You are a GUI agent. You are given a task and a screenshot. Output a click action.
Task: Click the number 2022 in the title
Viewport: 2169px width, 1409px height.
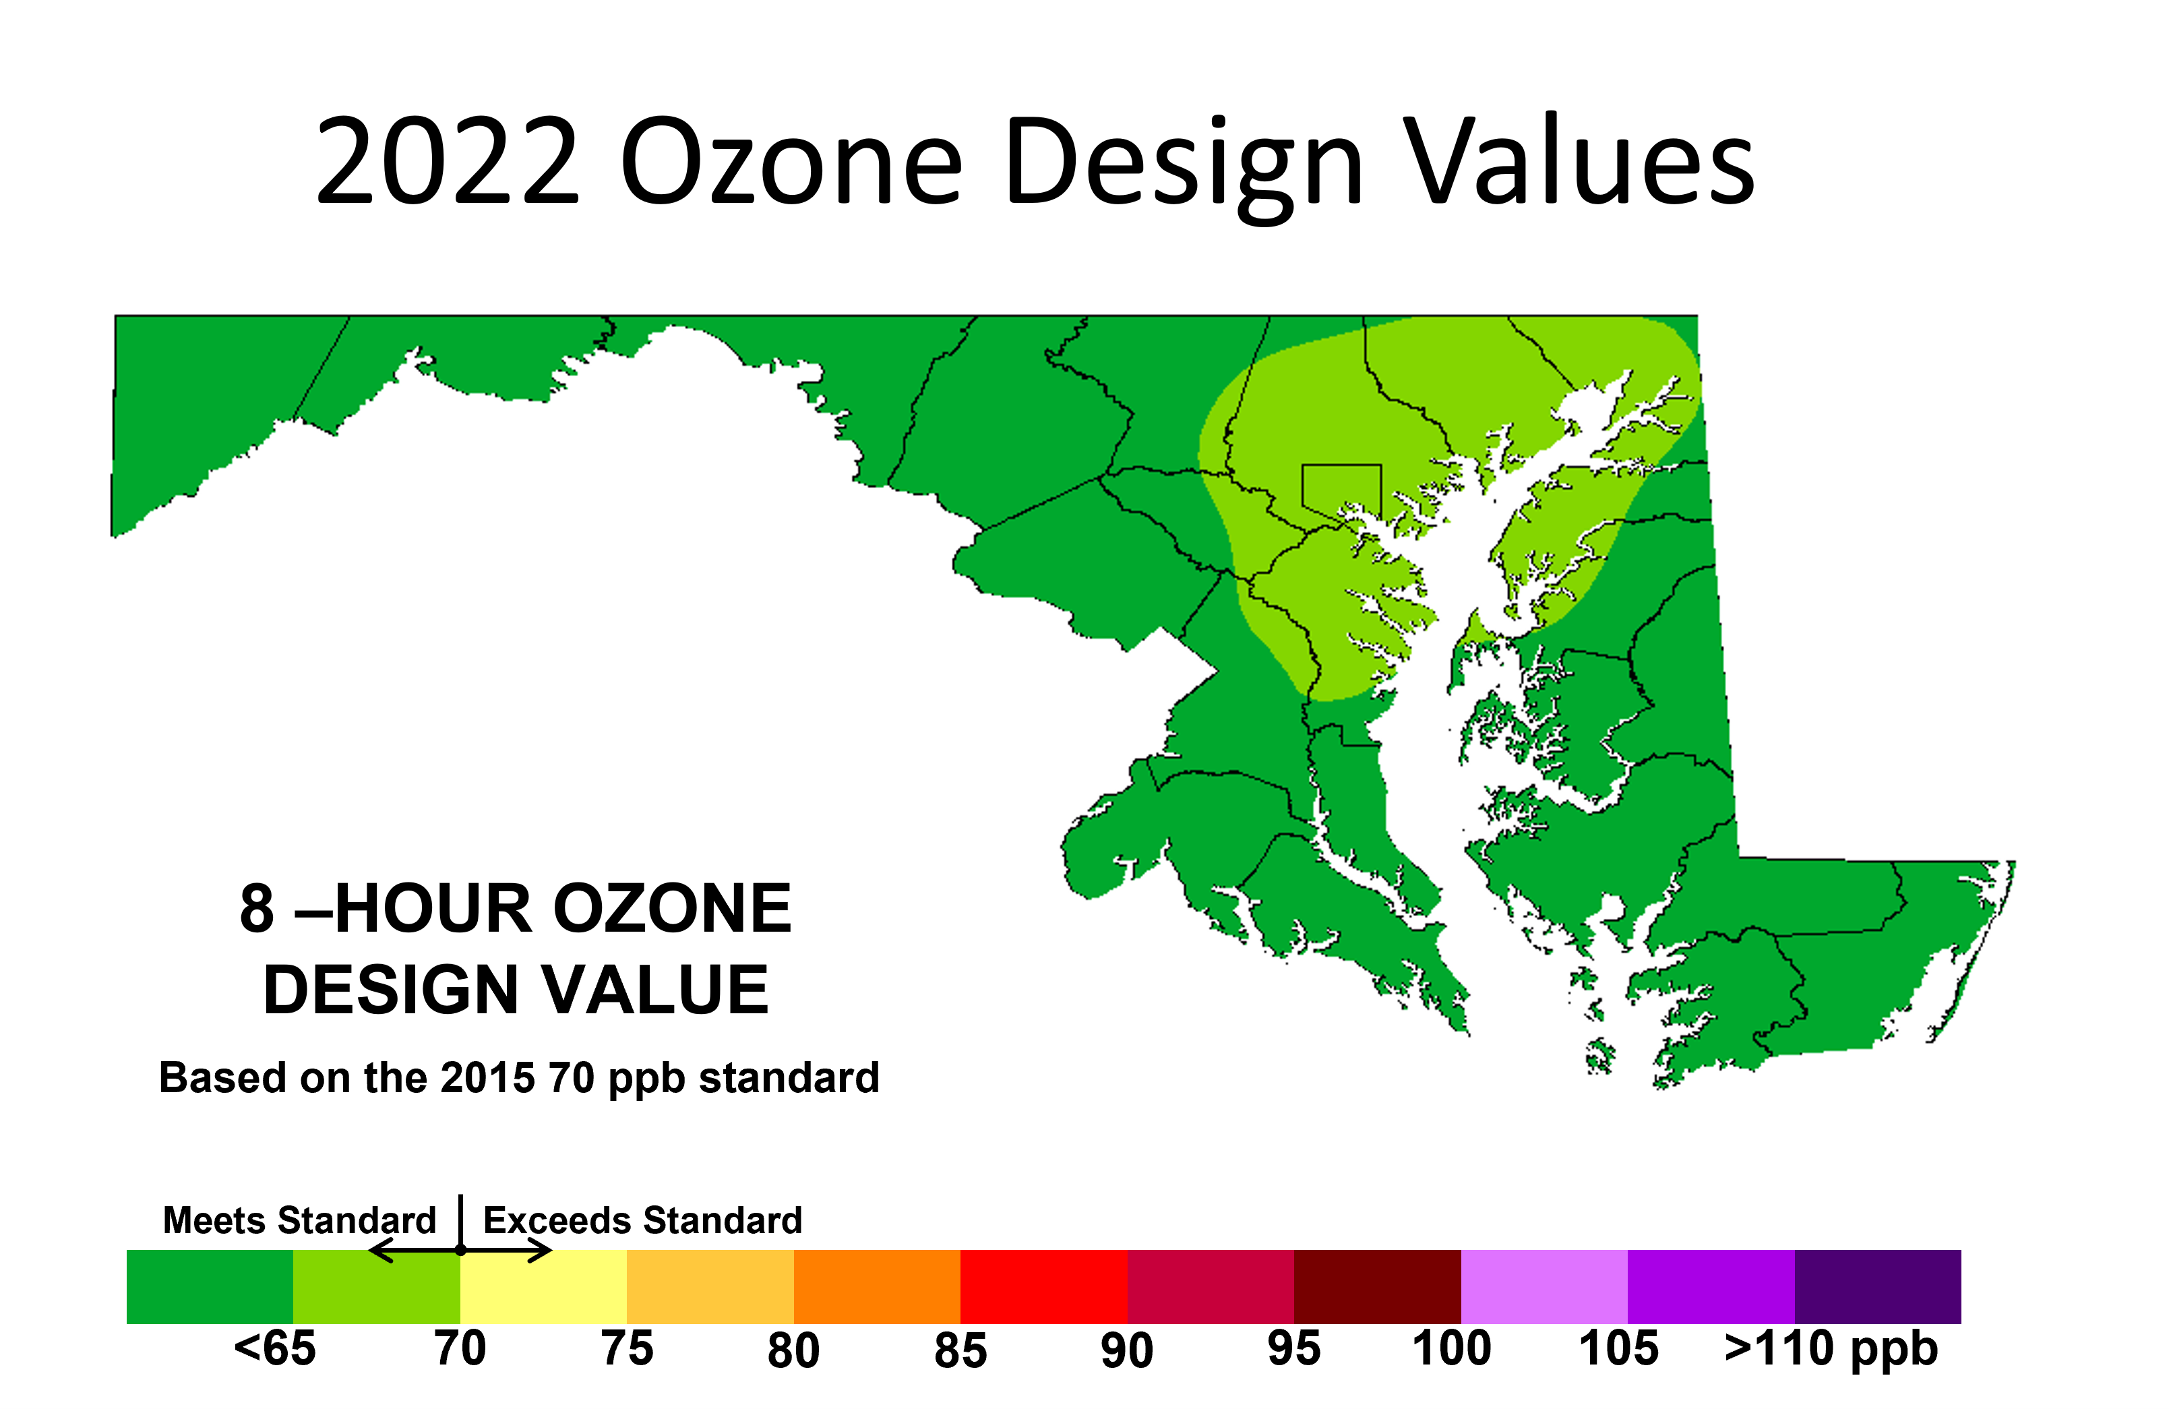coord(448,160)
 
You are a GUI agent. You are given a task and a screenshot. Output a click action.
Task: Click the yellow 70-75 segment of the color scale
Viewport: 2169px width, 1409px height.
coord(543,1286)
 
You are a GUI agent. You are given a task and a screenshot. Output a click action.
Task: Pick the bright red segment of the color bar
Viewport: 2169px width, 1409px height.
coord(1043,1286)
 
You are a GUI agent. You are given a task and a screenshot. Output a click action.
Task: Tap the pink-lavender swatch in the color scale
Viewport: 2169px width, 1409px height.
coord(1544,1286)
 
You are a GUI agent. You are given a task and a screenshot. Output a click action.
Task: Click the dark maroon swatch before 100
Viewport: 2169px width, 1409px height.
coord(1377,1286)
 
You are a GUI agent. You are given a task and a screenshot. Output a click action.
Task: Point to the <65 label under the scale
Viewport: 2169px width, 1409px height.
coord(275,1348)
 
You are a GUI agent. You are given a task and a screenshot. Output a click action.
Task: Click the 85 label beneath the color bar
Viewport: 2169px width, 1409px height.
coord(960,1350)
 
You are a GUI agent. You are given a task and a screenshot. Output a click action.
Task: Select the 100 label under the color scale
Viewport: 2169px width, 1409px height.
coord(1452,1348)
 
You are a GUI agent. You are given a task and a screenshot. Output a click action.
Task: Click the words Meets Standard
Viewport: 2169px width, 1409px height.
coord(300,1220)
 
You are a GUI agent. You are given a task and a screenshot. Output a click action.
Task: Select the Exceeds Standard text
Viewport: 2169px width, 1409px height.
coord(642,1220)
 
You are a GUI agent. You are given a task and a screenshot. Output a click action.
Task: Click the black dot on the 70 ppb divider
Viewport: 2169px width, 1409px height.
coord(461,1249)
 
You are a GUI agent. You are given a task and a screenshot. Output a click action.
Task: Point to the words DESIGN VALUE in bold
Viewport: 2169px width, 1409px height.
coord(516,990)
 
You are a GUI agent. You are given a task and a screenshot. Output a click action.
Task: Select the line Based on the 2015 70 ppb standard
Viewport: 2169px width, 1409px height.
coord(520,1078)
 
